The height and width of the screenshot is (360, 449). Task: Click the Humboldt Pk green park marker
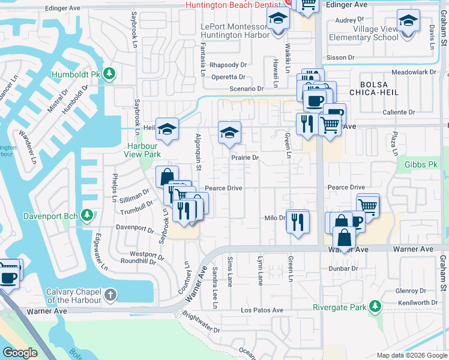tap(109, 73)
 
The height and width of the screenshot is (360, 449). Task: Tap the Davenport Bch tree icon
tap(87, 215)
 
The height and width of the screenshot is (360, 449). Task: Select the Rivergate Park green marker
tap(375, 307)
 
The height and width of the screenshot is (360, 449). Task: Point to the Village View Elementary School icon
tap(408, 23)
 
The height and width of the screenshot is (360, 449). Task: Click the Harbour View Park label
tap(142, 150)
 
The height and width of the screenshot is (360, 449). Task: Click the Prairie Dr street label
tap(245, 158)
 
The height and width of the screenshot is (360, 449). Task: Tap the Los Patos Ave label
tap(262, 310)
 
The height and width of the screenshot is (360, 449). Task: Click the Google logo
tap(21, 353)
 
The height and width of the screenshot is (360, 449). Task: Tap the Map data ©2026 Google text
tap(412, 355)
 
